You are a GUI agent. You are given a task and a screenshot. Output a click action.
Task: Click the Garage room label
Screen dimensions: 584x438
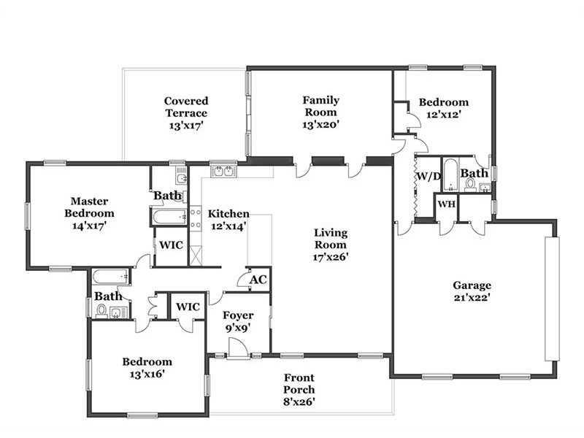[x=472, y=285]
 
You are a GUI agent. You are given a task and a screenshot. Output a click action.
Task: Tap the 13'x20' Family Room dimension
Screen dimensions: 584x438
[x=320, y=124]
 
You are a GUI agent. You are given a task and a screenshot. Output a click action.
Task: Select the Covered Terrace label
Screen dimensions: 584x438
[x=186, y=107]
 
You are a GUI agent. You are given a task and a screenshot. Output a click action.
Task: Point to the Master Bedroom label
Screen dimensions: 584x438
[x=89, y=207]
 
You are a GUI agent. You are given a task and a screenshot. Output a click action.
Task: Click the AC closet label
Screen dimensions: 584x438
[x=258, y=280]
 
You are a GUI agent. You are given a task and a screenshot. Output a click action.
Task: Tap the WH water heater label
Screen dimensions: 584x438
[x=446, y=204]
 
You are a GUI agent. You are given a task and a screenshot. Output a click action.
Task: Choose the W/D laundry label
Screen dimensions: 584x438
[x=429, y=176]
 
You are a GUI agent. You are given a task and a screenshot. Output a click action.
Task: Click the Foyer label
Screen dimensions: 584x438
[x=238, y=315]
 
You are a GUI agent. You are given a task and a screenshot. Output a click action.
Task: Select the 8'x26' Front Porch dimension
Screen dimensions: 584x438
[x=299, y=402]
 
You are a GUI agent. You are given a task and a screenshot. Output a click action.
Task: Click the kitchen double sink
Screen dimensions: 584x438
[x=223, y=171]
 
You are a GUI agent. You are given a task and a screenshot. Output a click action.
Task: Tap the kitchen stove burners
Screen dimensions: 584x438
[x=196, y=218]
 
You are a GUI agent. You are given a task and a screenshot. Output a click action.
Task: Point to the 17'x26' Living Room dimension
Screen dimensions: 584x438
[x=331, y=257]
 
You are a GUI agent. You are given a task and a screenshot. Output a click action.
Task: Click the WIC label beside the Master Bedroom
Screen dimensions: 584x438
[x=171, y=245]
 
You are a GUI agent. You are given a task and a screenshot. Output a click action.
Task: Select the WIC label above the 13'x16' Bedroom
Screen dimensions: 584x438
[x=188, y=307]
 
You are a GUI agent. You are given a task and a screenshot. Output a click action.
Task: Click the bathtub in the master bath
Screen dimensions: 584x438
[x=169, y=217]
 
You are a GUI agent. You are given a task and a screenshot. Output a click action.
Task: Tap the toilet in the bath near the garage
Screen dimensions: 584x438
[x=470, y=185]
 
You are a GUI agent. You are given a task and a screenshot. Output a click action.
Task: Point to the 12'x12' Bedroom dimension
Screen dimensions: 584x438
[x=444, y=115]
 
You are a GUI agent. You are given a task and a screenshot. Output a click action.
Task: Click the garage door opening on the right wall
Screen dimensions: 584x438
[x=552, y=299]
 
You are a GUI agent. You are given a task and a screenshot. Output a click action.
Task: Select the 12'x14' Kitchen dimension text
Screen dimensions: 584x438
[x=228, y=226]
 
